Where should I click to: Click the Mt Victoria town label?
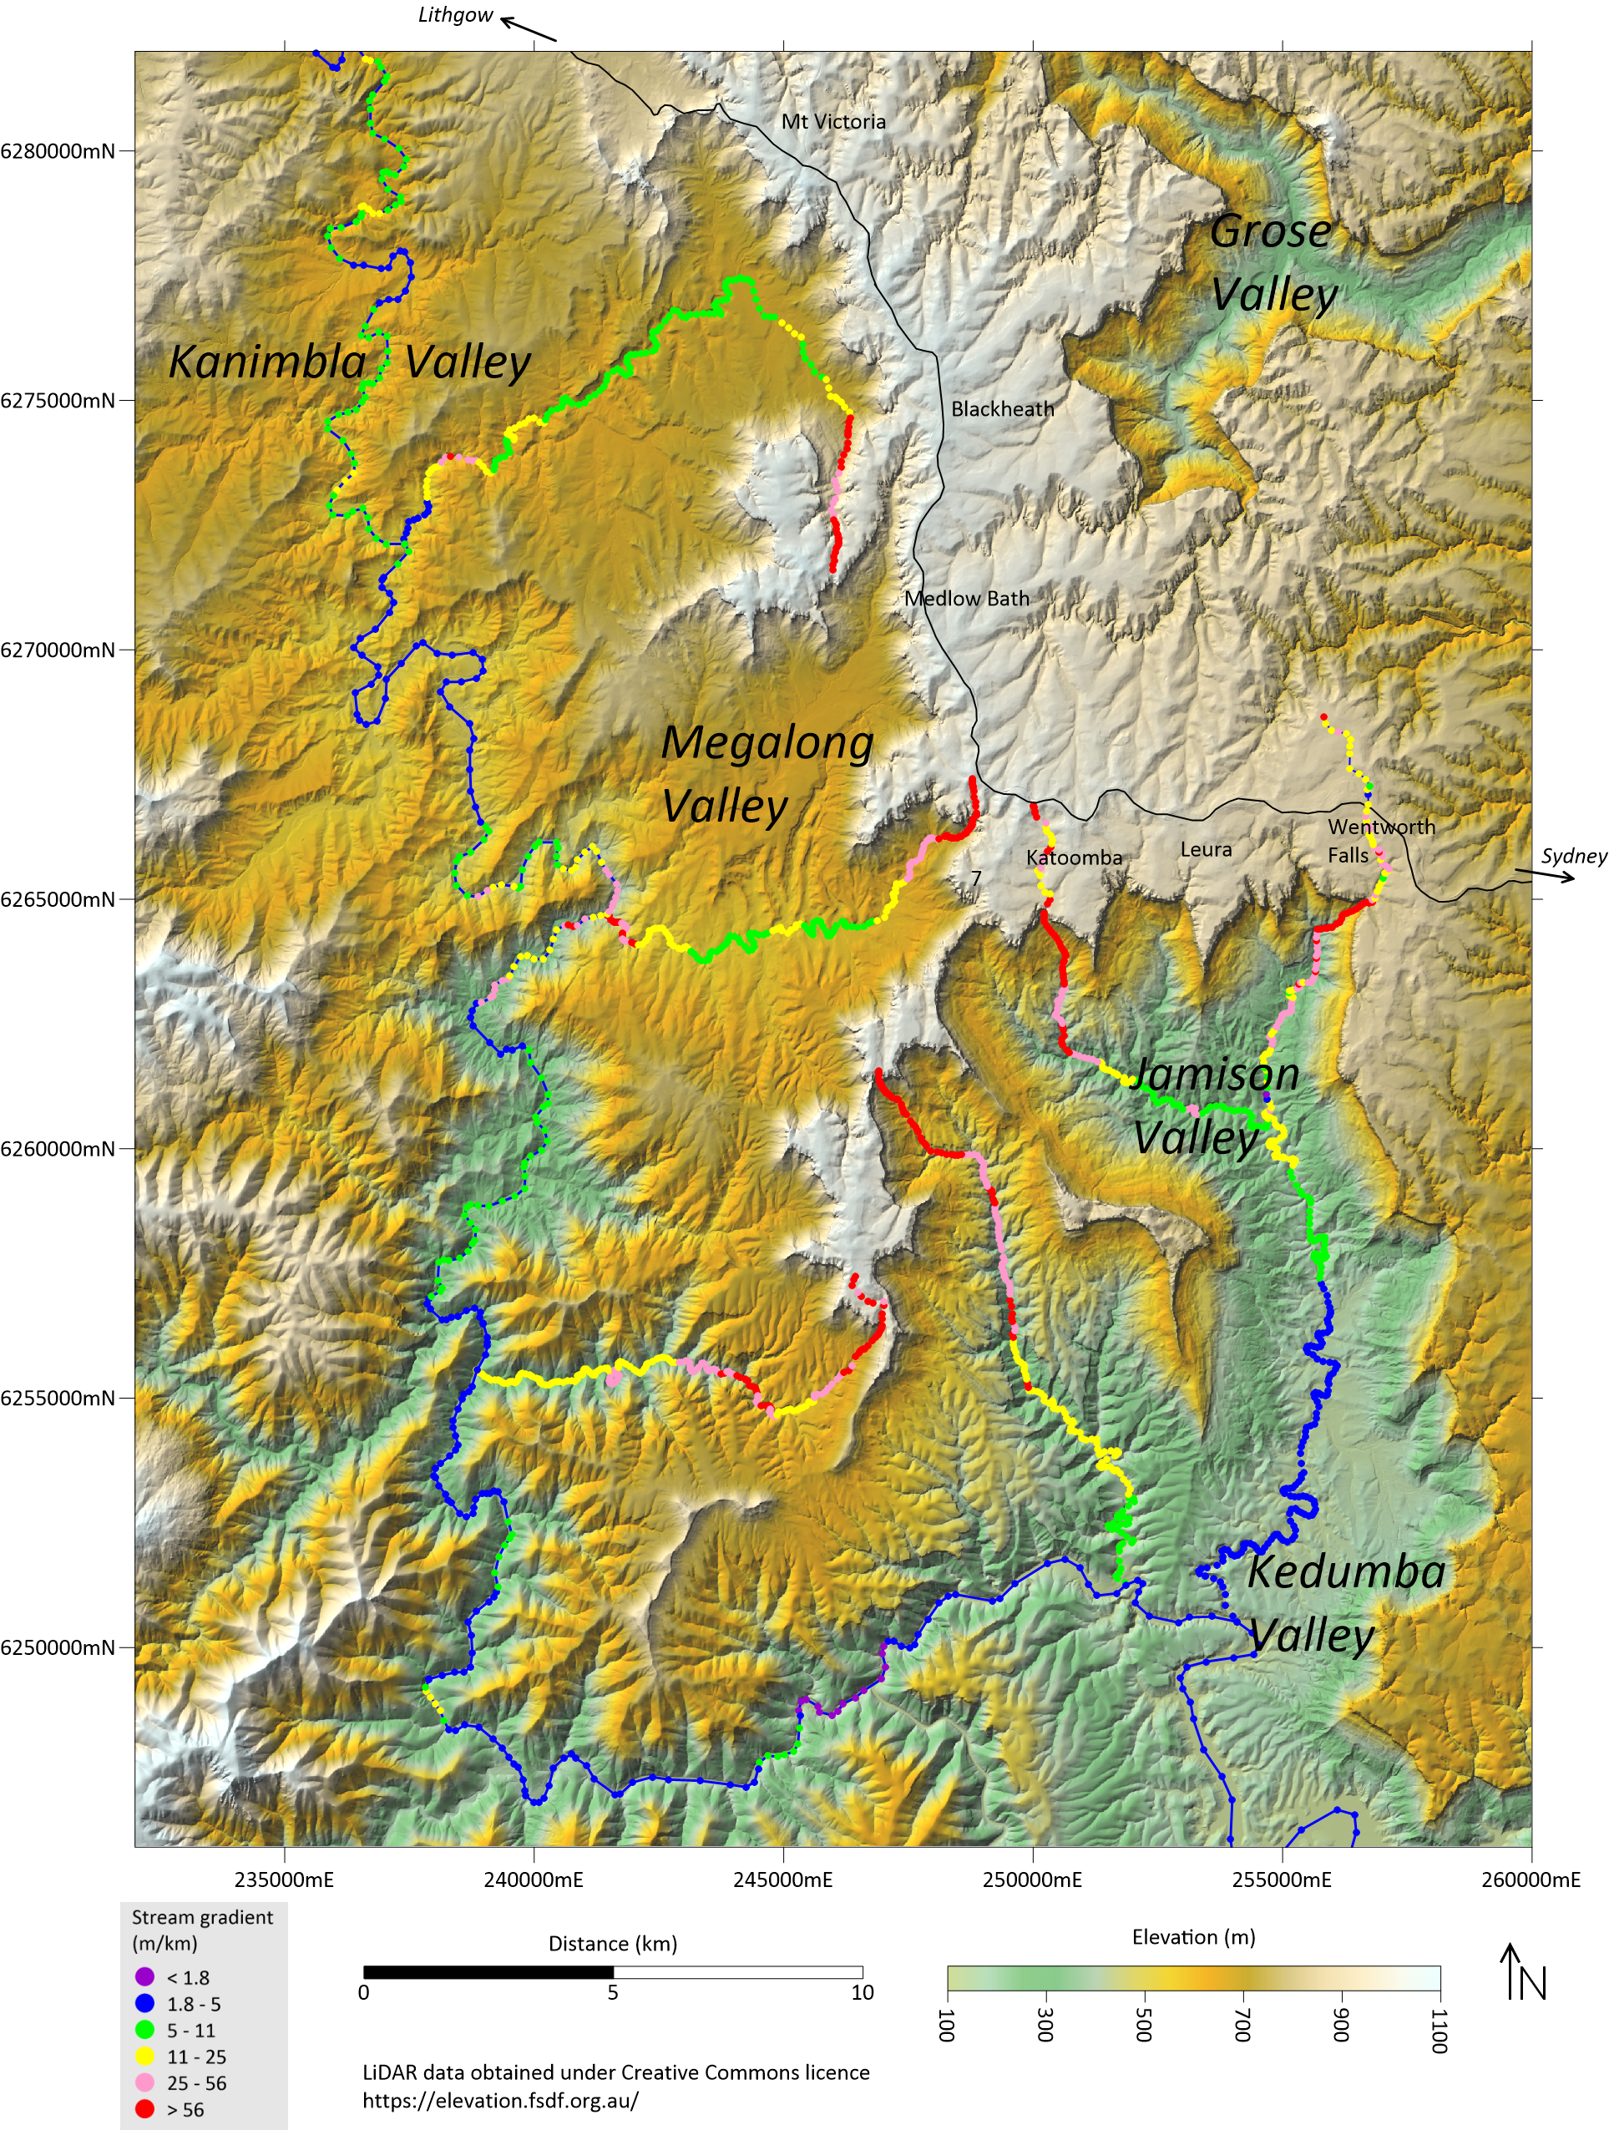coord(833,121)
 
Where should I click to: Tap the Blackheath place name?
coord(1002,409)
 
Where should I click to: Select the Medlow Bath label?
coord(967,599)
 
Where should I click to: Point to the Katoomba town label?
coord(1074,857)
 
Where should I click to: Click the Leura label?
coord(1206,849)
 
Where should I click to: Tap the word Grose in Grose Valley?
coord(1270,232)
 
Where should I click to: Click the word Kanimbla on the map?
coord(266,363)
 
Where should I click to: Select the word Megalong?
coord(767,743)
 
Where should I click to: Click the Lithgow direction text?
coord(454,15)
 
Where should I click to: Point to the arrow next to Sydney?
coord(1546,875)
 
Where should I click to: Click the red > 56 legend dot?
coord(145,2110)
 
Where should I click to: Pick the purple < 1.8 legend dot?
coord(145,1978)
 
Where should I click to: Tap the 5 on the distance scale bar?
coord(612,1992)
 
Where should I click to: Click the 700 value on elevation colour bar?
coord(1242,2024)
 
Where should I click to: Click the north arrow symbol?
coord(1526,1984)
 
